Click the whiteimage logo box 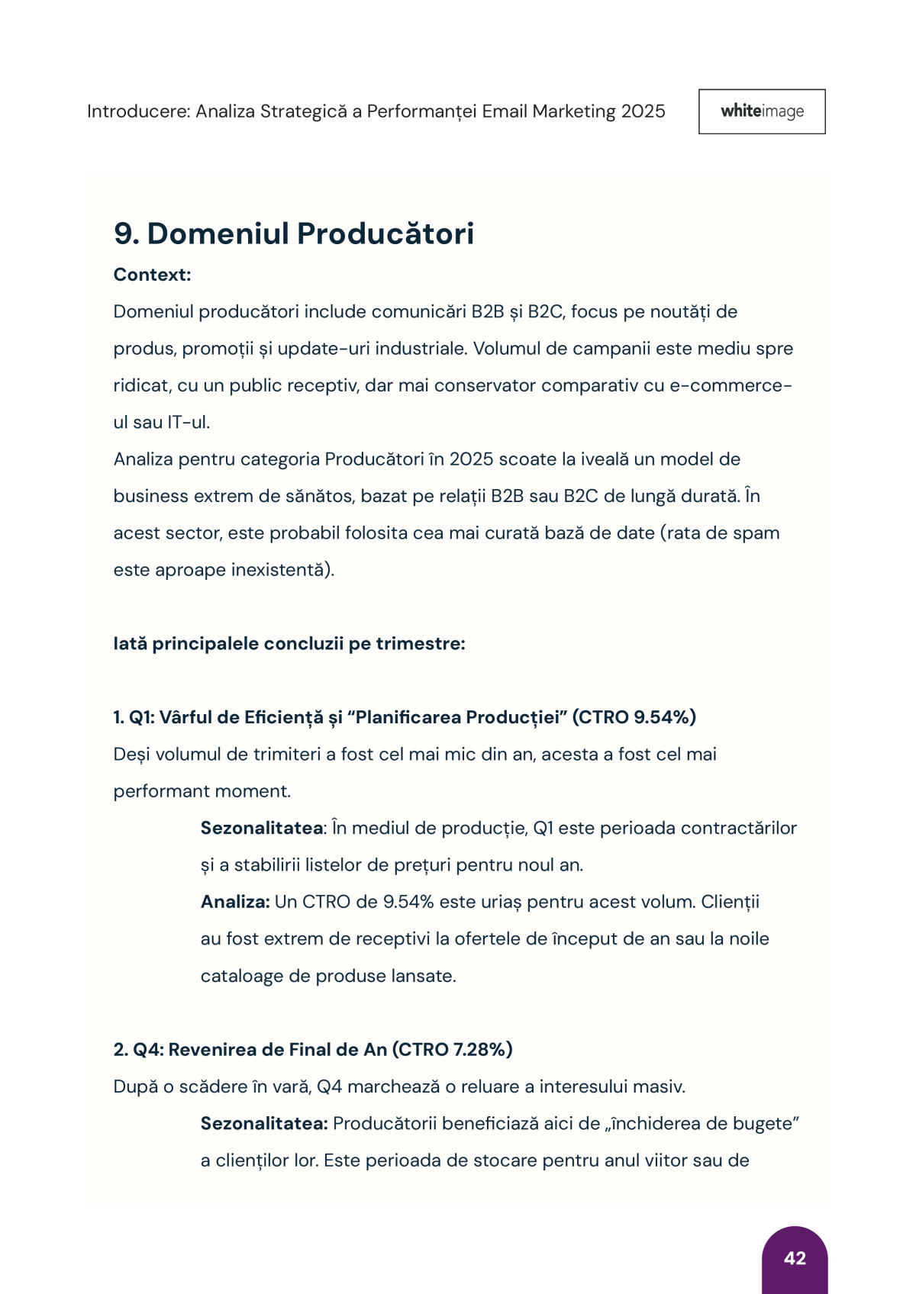click(761, 111)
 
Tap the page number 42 click(795, 1258)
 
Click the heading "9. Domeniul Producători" click(293, 233)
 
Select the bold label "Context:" click(152, 275)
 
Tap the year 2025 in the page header click(643, 111)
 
